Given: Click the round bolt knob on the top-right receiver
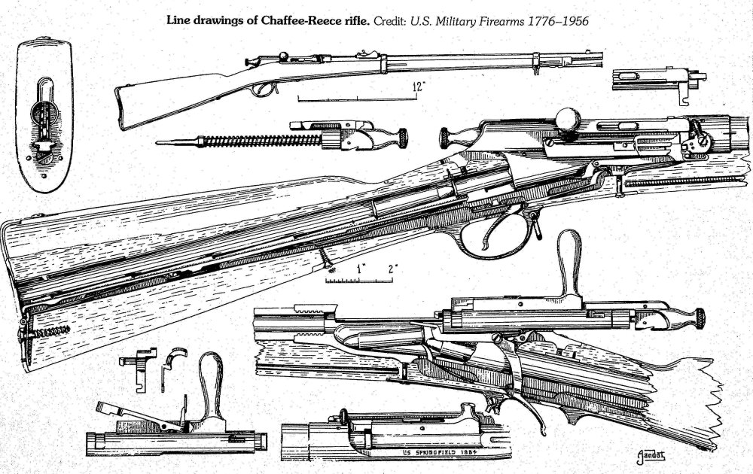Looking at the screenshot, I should (567, 118).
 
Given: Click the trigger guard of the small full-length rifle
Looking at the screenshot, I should (263, 89).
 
